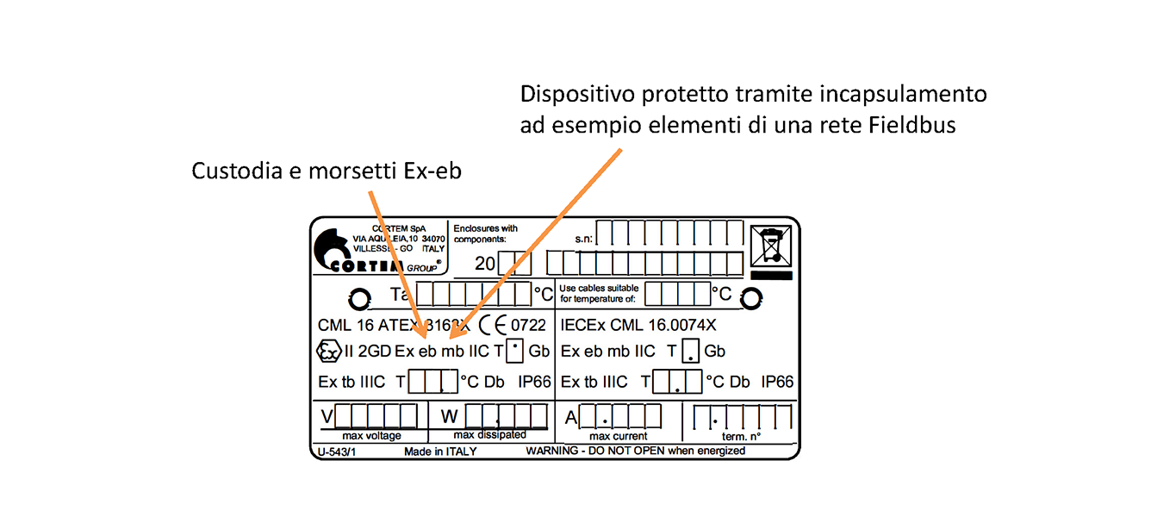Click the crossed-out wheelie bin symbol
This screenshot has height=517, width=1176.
coord(770,245)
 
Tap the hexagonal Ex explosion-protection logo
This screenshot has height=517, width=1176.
coord(328,351)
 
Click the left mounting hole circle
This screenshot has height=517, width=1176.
coord(358,299)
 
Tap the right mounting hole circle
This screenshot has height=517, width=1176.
coord(751,298)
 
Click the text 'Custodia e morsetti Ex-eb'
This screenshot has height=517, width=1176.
coord(327,171)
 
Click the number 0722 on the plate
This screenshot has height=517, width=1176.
coord(528,325)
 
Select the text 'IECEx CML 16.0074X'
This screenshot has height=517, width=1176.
coord(638,325)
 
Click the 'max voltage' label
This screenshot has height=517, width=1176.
coord(371,436)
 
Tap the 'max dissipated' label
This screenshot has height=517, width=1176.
coord(489,435)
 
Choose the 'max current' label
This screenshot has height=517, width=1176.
coord(618,436)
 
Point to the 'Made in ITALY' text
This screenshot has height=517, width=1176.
coord(439,451)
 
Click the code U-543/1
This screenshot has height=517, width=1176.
coord(332,451)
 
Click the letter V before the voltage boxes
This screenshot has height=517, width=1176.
coord(327,418)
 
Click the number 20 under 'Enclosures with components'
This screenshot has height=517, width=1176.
coord(485,263)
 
